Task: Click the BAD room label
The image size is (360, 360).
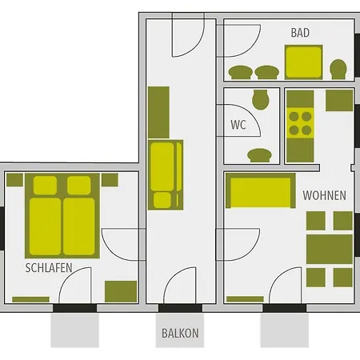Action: [x=300, y=34]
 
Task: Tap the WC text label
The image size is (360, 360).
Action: [x=238, y=125]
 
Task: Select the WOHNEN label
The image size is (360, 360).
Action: [x=324, y=195]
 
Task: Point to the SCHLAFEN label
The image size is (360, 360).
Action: [x=50, y=267]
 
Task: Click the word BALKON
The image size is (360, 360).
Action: [x=179, y=333]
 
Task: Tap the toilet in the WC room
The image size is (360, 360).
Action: [x=259, y=101]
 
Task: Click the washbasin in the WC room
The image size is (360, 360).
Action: [x=260, y=155]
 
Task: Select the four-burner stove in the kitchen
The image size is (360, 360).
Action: [x=300, y=122]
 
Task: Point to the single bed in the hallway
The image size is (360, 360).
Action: [x=166, y=174]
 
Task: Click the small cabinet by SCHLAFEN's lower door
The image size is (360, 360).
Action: [x=121, y=290]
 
